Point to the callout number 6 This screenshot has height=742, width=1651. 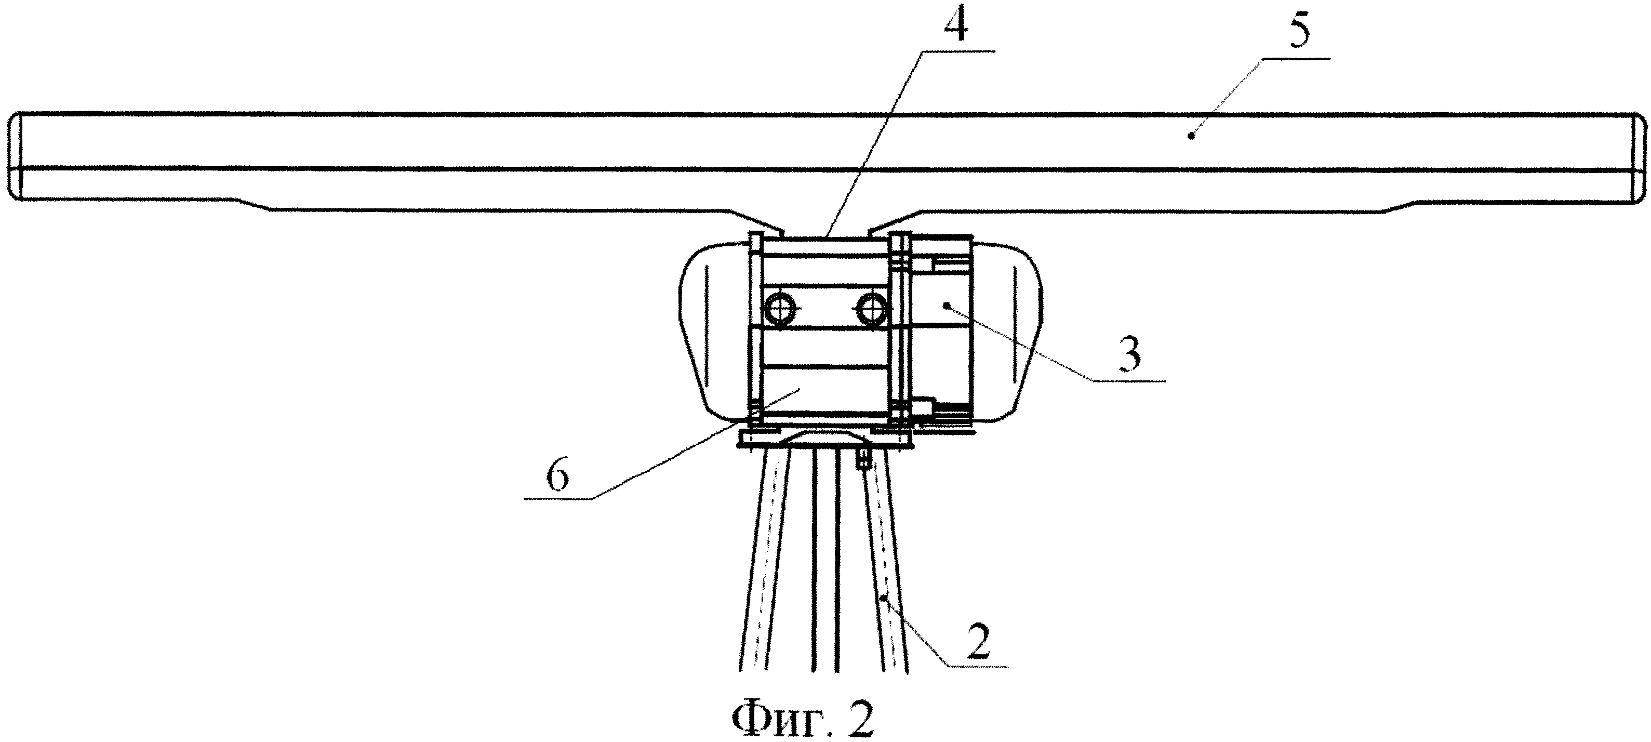tap(557, 476)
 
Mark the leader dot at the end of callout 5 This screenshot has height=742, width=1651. tap(1191, 153)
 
